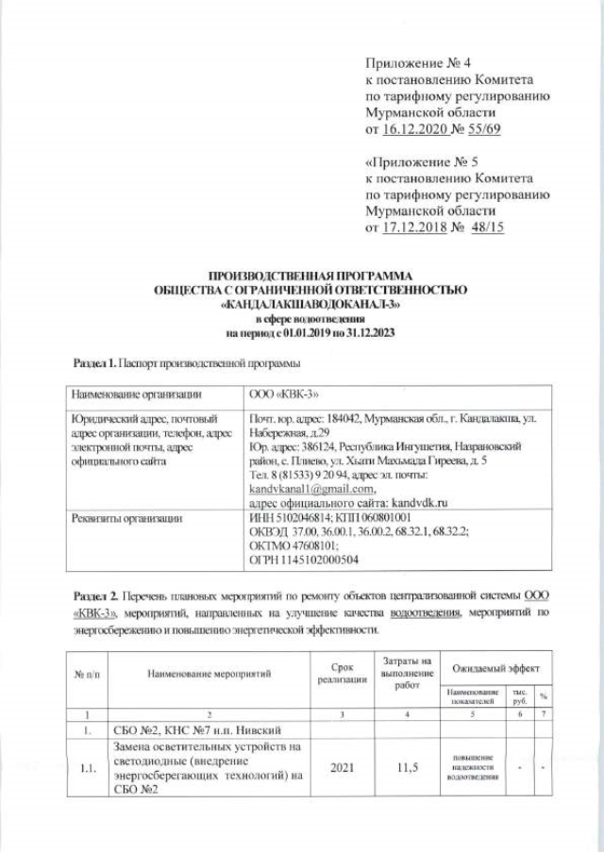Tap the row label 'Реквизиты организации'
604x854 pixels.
pyautogui.click(x=120, y=517)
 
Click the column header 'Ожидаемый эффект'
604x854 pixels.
pyautogui.click(x=495, y=668)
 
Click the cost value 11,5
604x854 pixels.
pyautogui.click(x=406, y=769)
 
